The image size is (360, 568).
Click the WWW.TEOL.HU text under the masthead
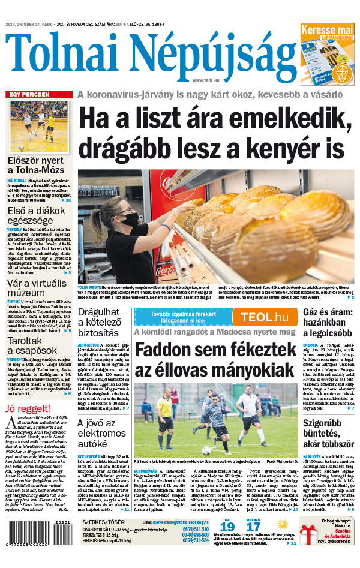coord(206,80)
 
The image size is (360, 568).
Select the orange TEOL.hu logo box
coord(259,317)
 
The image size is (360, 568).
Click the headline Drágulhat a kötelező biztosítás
coord(101,321)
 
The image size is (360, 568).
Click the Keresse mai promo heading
coord(327,30)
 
